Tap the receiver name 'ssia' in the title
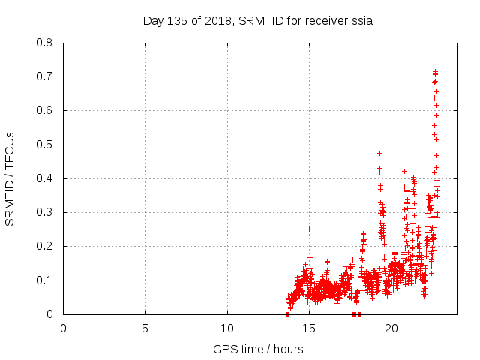click(361, 21)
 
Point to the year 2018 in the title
click(217, 21)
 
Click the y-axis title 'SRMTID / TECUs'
click(10, 178)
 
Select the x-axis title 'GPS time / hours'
click(258, 349)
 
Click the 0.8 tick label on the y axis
click(45, 43)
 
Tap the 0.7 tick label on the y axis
click(45, 76)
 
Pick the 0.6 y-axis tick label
click(45, 110)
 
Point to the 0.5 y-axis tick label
click(45, 145)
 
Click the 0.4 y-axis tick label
click(45, 178)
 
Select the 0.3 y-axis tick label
click(45, 212)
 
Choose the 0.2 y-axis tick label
click(45, 246)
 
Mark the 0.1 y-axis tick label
click(45, 280)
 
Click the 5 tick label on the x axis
click(145, 328)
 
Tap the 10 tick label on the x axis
click(227, 328)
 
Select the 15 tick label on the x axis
click(309, 328)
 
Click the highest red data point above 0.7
click(435, 71)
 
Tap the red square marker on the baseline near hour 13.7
click(287, 314)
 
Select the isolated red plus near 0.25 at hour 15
click(309, 229)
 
